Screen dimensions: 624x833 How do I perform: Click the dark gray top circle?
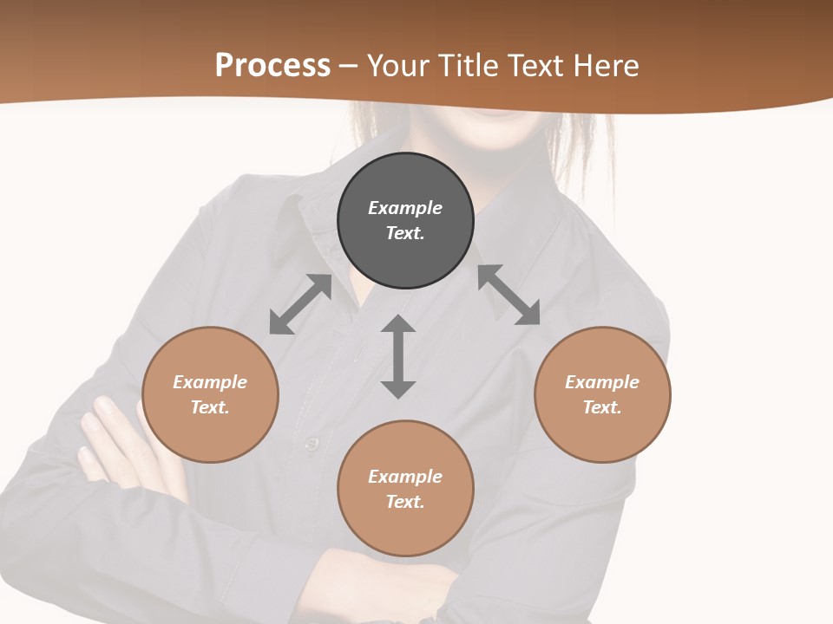pyautogui.click(x=405, y=221)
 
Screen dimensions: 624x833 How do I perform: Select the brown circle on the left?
pyautogui.click(x=210, y=395)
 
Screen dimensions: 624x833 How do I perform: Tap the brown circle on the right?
pyautogui.click(x=602, y=395)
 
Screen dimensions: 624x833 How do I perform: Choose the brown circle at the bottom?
pyautogui.click(x=405, y=489)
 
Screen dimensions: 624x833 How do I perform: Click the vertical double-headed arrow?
pyautogui.click(x=398, y=356)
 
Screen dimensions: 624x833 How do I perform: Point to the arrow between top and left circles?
pyautogui.click(x=300, y=304)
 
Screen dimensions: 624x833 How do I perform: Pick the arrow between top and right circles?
pyautogui.click(x=508, y=295)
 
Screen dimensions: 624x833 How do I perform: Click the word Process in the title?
pyautogui.click(x=272, y=65)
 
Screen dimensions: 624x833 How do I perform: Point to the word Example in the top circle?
pyautogui.click(x=405, y=208)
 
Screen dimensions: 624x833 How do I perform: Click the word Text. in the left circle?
pyautogui.click(x=210, y=407)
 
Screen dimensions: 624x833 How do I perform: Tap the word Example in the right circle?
pyautogui.click(x=602, y=382)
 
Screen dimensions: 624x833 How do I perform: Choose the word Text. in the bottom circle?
pyautogui.click(x=405, y=502)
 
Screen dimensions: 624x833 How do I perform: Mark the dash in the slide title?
pyautogui.click(x=349, y=66)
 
